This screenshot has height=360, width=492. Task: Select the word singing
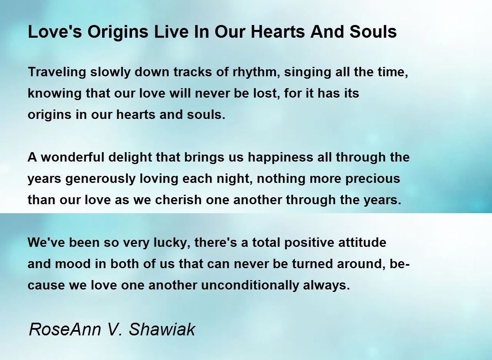coord(307,72)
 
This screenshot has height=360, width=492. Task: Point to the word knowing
coord(55,93)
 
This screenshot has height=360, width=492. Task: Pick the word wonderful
coord(73,157)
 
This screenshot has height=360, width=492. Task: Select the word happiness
coord(280,157)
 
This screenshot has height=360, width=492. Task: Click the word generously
coord(100,179)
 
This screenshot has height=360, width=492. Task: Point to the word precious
coord(373,179)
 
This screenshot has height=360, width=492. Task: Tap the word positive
coord(309,243)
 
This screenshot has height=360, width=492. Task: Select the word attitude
coord(362,242)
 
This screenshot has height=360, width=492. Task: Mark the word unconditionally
coord(250,285)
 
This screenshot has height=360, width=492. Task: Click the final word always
coord(326,285)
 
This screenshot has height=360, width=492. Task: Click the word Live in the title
coord(171,32)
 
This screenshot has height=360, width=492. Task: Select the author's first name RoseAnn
coord(65,329)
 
